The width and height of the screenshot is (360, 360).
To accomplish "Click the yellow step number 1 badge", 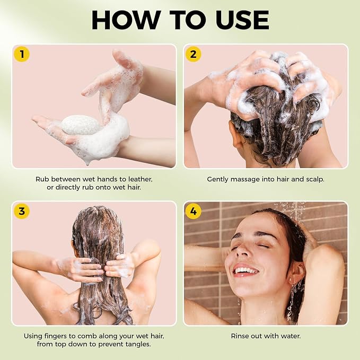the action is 22,55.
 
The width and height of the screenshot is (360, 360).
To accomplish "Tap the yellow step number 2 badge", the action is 193,55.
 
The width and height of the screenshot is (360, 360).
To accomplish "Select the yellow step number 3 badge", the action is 22,211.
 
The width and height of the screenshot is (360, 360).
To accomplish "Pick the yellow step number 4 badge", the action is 193,211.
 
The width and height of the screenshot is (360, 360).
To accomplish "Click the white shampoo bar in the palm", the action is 81,125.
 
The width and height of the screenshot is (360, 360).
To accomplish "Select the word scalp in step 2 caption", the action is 315,180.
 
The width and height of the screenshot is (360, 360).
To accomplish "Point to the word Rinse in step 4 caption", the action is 239,336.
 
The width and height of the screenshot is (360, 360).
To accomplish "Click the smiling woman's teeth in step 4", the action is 246,271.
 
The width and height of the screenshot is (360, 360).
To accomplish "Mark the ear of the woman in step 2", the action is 236,134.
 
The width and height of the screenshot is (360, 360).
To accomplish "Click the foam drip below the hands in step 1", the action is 87,163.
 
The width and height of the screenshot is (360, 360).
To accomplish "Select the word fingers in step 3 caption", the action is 57,337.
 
